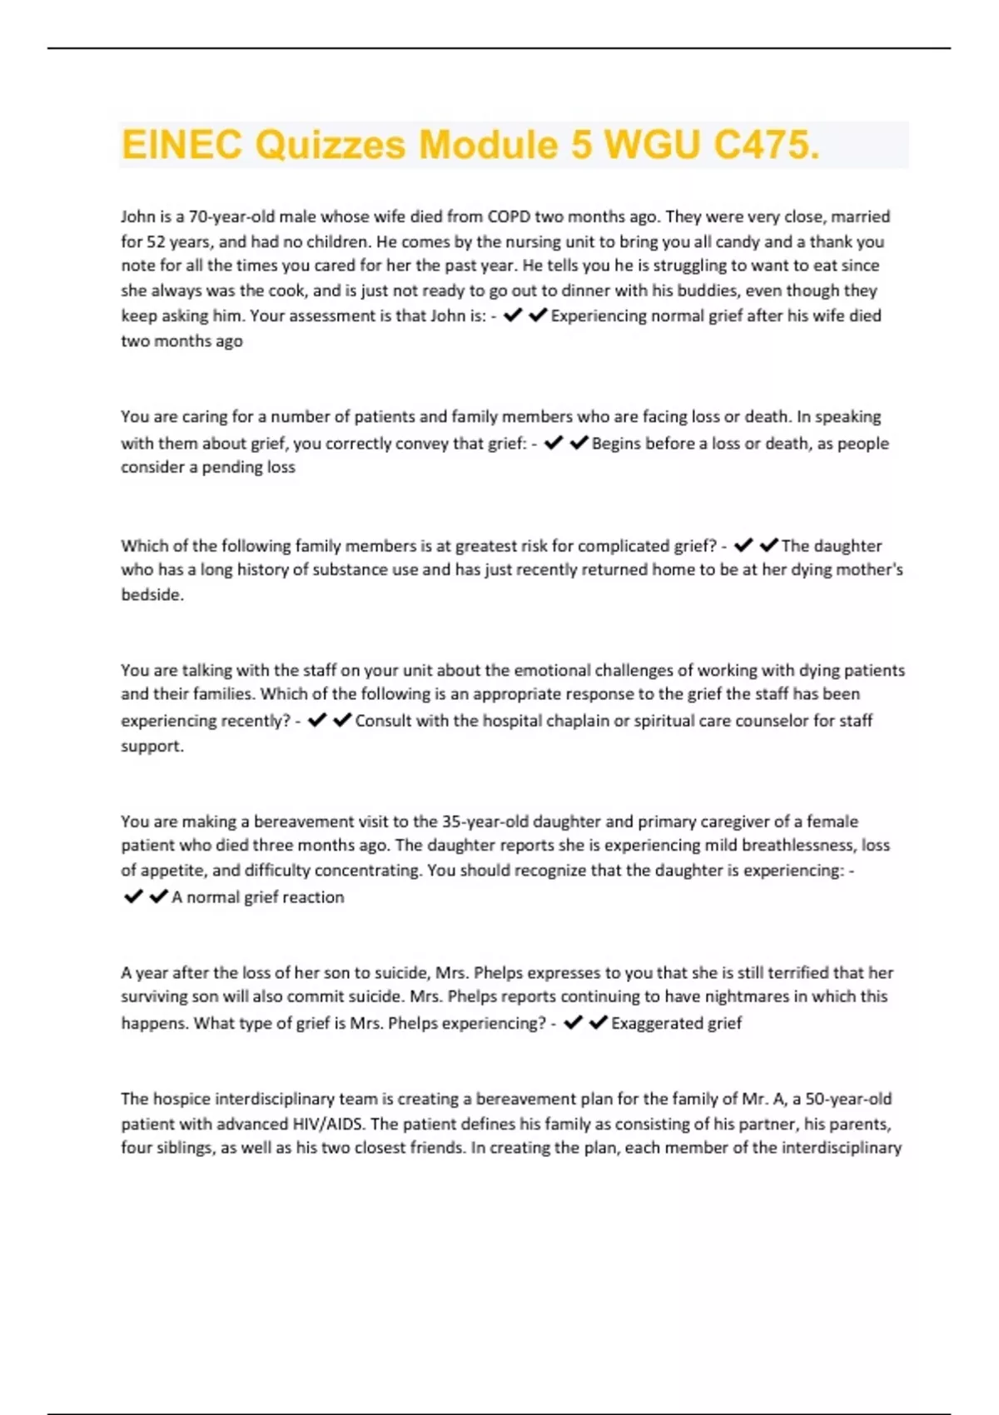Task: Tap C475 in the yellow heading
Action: coord(766,145)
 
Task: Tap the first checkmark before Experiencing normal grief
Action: coord(513,315)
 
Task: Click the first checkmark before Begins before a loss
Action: coord(554,443)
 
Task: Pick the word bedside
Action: coord(152,594)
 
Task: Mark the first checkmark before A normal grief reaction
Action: coord(132,896)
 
